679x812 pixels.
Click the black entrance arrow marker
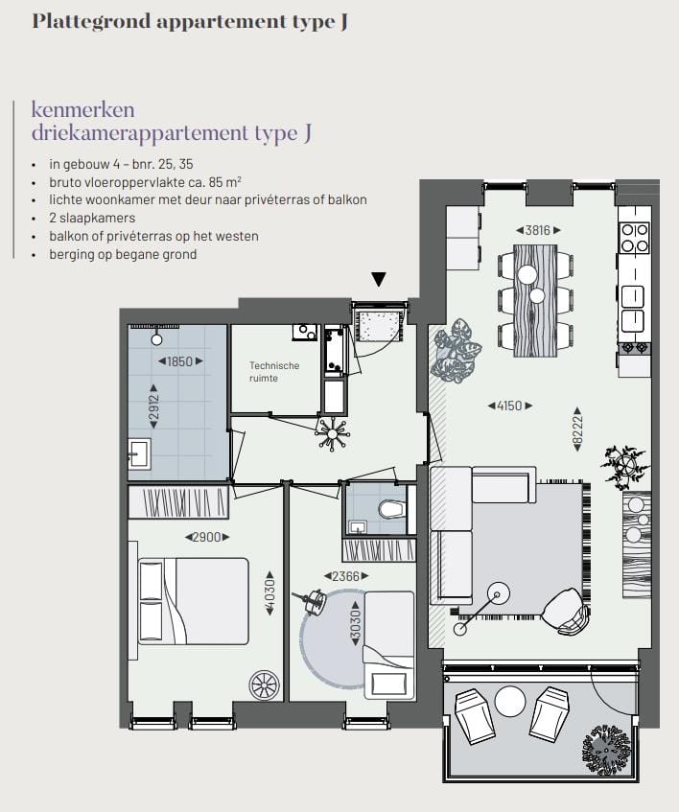coord(379,280)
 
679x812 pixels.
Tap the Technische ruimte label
coord(274,372)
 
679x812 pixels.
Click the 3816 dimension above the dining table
coord(537,230)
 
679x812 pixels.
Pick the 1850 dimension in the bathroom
coord(178,361)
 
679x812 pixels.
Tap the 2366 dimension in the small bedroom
coord(347,576)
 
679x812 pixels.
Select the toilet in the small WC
coord(392,508)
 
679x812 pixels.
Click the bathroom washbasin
coord(139,452)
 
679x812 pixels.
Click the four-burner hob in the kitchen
coord(634,237)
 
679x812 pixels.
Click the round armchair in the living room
coord(566,610)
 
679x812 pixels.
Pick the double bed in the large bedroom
coord(193,600)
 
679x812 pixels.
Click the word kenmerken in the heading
coord(83,108)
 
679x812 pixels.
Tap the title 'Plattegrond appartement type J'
coord(190,21)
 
